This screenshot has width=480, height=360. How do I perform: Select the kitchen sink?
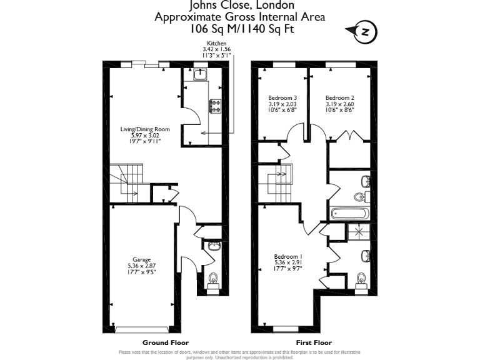200,76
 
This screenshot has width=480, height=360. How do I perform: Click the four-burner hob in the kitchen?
215,106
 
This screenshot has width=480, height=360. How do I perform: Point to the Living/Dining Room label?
145,135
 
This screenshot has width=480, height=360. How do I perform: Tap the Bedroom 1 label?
288,262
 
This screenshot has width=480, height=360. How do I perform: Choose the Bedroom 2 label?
340,104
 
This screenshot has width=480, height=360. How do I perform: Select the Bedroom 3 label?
282,104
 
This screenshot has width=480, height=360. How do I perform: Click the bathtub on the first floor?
351,214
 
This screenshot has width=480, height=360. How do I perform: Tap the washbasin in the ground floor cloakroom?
214,246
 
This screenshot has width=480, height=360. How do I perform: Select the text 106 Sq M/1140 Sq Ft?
240,29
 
